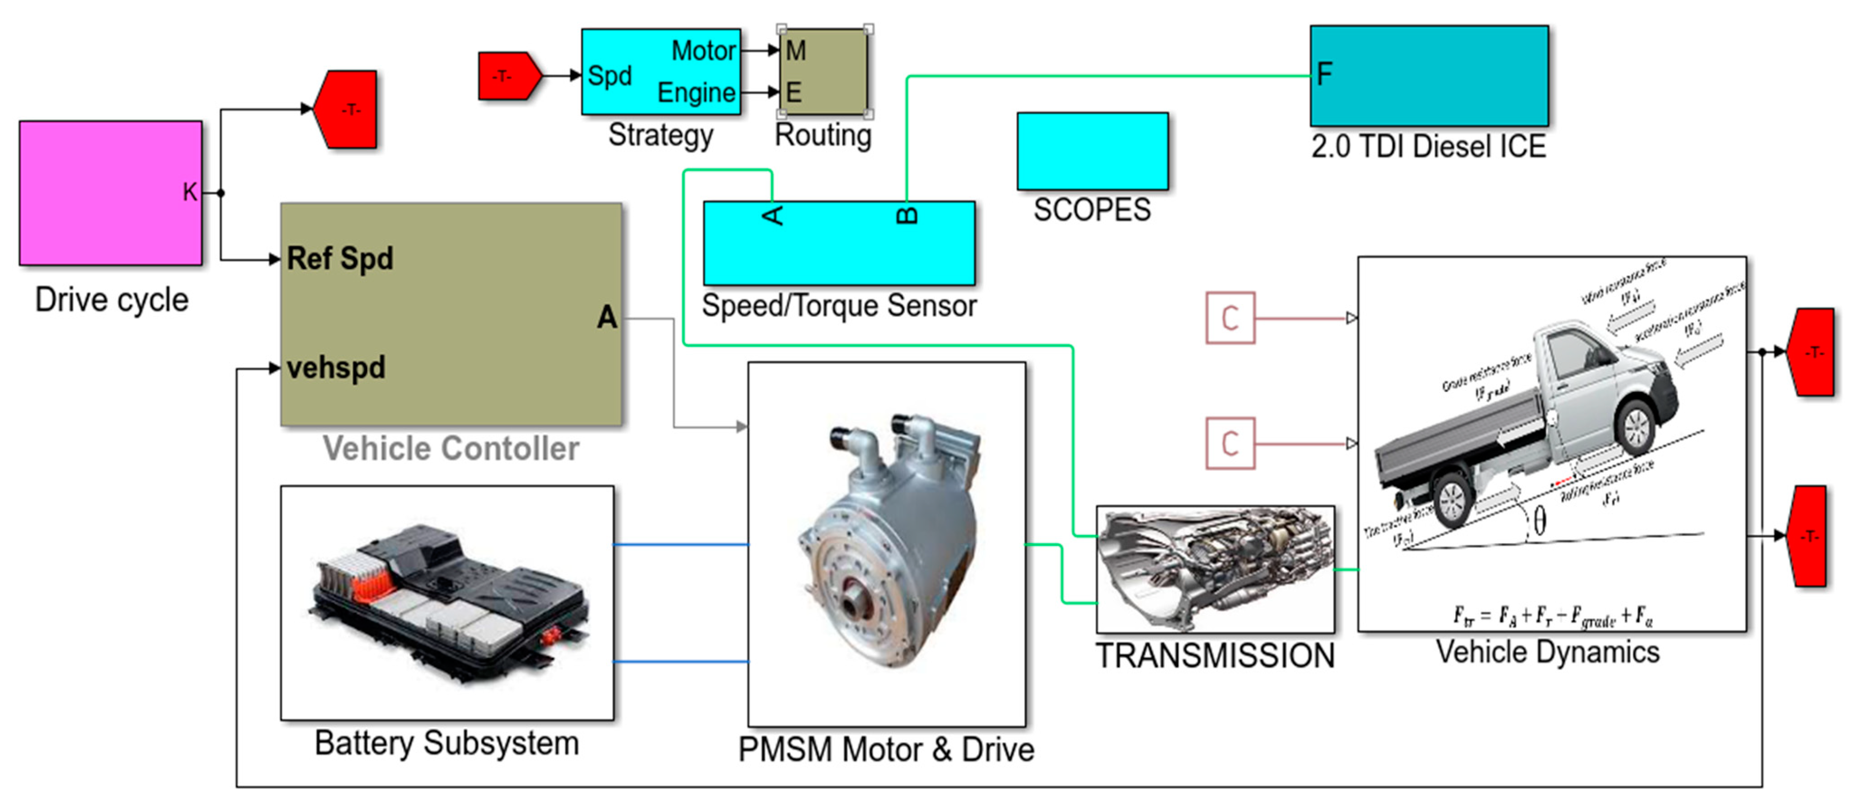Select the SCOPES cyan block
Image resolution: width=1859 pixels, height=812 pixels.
click(1092, 151)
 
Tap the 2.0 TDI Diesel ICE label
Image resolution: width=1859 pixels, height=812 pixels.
click(1428, 147)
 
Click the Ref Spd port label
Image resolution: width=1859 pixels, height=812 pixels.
click(340, 258)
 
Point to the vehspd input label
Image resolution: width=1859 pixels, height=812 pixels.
click(336, 368)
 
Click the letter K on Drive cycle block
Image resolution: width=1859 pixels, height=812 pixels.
click(189, 192)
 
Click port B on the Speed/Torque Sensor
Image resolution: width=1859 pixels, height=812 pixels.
click(907, 215)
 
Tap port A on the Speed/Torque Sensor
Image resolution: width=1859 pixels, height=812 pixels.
click(773, 215)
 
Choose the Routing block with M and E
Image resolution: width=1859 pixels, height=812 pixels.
click(824, 72)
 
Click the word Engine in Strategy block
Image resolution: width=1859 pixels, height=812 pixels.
click(696, 92)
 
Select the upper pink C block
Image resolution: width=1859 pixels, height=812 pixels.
click(1230, 317)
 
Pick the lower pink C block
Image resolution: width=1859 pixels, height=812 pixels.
click(1230, 443)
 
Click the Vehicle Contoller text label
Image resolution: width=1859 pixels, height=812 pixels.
click(450, 448)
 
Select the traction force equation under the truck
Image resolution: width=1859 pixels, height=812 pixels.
click(1552, 616)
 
